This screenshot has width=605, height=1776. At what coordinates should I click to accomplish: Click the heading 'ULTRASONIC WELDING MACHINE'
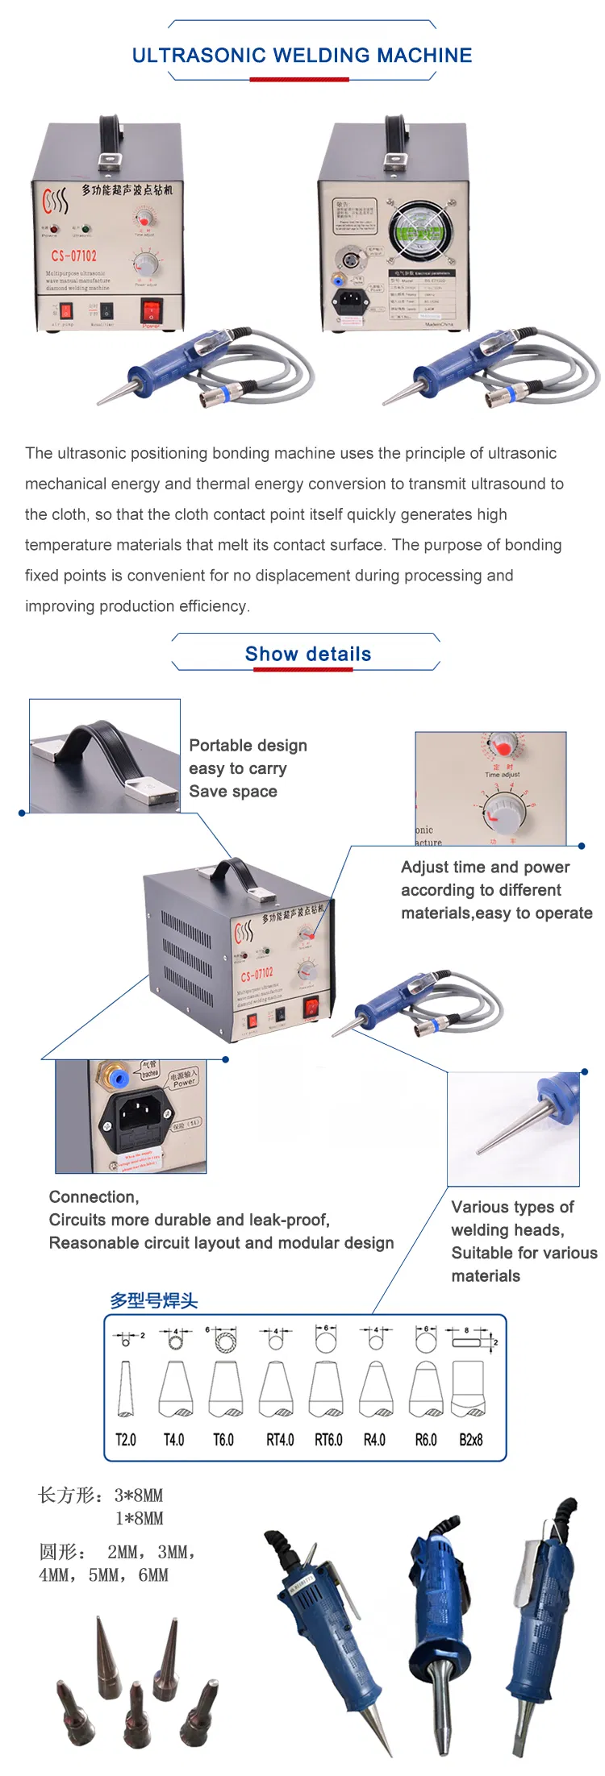click(302, 56)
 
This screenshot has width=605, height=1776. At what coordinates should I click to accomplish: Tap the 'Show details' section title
click(307, 654)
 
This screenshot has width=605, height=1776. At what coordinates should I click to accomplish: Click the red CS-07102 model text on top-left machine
click(73, 256)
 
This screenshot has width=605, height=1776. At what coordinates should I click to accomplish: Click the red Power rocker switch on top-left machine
click(151, 309)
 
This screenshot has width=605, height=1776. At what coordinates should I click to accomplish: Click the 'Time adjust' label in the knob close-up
click(502, 774)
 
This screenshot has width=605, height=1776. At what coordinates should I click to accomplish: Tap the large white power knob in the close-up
click(506, 809)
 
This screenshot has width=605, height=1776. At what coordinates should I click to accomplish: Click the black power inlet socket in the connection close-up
click(135, 1117)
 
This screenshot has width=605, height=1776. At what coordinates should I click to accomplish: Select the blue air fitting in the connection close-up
click(118, 1078)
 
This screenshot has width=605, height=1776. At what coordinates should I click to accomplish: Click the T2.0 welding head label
click(126, 1440)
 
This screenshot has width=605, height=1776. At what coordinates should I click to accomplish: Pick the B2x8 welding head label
click(470, 1440)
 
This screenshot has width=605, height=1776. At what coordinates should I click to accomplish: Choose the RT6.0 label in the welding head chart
click(328, 1440)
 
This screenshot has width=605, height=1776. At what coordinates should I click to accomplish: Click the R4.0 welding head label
click(374, 1440)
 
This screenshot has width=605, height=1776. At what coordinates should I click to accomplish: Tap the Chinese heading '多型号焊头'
click(153, 1300)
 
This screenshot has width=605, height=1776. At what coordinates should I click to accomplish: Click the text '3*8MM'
click(139, 1495)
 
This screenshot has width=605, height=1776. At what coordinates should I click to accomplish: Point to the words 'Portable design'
click(248, 745)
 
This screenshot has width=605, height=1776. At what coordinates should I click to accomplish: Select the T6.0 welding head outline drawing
click(226, 1388)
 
